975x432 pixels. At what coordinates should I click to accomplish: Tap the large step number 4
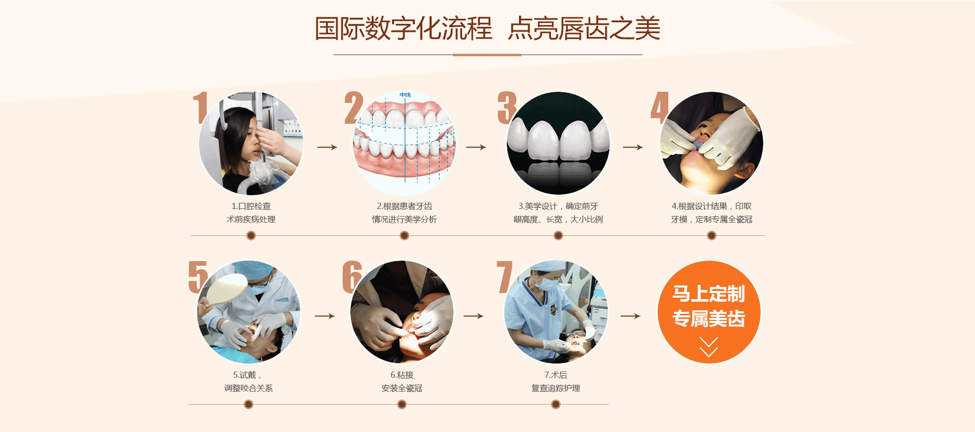pyautogui.click(x=660, y=107)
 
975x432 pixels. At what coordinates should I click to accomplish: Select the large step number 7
pyautogui.click(x=505, y=277)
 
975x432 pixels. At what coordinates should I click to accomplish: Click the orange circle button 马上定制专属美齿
pyautogui.click(x=709, y=312)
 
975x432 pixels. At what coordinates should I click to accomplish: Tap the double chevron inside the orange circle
pyautogui.click(x=709, y=347)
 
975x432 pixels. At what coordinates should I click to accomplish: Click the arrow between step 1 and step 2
pyautogui.click(x=328, y=147)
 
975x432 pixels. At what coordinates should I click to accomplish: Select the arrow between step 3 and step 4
pyautogui.click(x=633, y=147)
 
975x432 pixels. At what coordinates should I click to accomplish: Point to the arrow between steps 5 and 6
pyautogui.click(x=325, y=316)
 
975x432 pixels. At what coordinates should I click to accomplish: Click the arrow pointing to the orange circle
pyautogui.click(x=631, y=316)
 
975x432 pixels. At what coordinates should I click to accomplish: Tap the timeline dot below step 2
pyautogui.click(x=404, y=235)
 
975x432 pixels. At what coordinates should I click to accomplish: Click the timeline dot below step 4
pyautogui.click(x=711, y=235)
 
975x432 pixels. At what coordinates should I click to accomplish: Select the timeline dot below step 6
pyautogui.click(x=402, y=404)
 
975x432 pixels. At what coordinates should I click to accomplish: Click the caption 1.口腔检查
pyautogui.click(x=251, y=206)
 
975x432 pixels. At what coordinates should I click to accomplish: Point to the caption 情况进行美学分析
pyautogui.click(x=404, y=220)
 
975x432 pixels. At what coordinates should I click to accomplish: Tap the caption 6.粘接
pyautogui.click(x=402, y=375)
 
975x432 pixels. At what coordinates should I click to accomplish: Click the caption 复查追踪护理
pyautogui.click(x=556, y=388)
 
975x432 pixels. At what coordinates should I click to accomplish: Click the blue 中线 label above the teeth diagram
pyautogui.click(x=405, y=95)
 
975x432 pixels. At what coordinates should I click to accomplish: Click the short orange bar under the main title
pyautogui.click(x=487, y=55)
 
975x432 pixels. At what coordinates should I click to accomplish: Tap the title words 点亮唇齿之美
pyautogui.click(x=584, y=28)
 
